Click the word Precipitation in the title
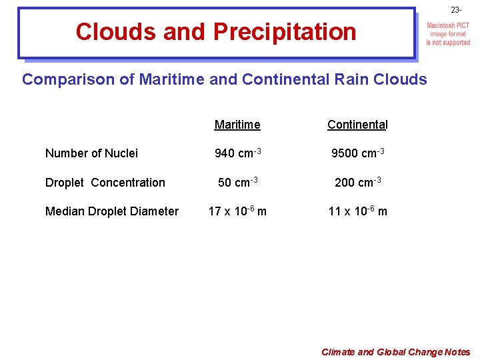285,32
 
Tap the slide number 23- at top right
456,10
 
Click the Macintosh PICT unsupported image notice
448,34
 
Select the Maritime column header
237,125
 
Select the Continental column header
357,125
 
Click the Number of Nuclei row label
91,153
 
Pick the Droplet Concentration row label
105,183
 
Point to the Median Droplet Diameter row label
111,211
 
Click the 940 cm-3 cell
237,153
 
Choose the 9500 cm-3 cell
357,153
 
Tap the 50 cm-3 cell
237,182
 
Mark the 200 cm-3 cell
357,182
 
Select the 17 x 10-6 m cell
237,211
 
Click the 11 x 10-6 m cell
357,211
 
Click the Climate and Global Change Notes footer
395,352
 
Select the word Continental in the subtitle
285,80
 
